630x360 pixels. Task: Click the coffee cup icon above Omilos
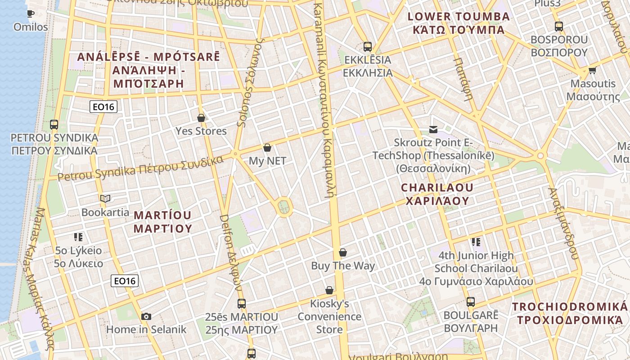(x=31, y=13)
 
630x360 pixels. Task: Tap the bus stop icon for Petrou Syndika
(x=54, y=124)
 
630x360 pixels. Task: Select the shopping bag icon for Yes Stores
(x=201, y=118)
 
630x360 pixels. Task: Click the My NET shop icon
(x=267, y=148)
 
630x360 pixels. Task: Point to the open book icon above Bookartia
(x=105, y=198)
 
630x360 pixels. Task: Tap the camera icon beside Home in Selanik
(x=146, y=316)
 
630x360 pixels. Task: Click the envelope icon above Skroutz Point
(x=433, y=130)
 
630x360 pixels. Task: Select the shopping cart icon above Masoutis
(x=592, y=71)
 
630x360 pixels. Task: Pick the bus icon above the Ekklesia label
(x=368, y=46)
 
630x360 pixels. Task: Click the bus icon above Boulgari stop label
(x=471, y=302)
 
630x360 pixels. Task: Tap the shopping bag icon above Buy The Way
(x=343, y=252)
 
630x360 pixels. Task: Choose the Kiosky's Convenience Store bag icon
(x=329, y=290)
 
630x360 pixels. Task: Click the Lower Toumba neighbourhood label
(x=459, y=23)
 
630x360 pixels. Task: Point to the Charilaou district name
(x=437, y=194)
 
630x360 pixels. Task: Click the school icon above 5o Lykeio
(x=78, y=237)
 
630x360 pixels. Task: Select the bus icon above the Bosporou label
(x=559, y=27)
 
